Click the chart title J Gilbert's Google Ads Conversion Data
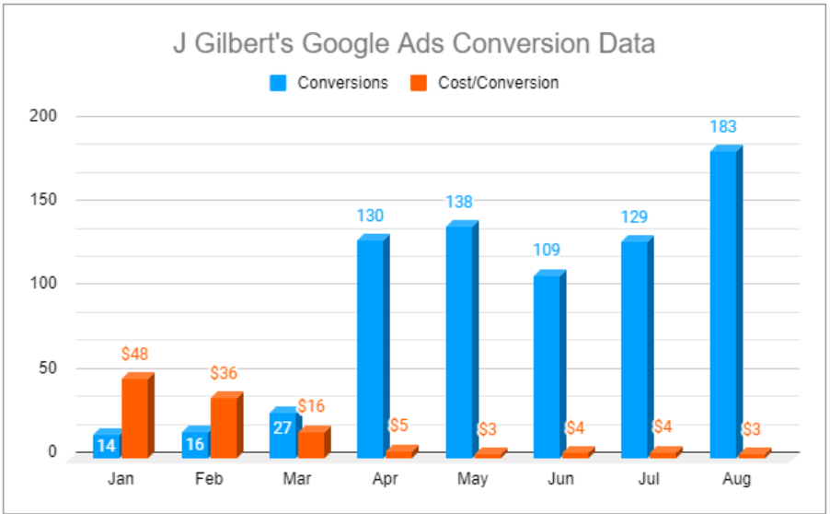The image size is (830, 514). [414, 43]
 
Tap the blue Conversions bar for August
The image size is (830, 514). [723, 304]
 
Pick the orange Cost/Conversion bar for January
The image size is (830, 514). [135, 417]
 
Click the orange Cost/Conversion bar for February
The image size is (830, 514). [225, 426]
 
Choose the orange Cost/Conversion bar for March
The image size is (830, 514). [313, 443]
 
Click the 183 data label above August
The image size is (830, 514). [723, 127]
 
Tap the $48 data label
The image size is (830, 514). [134, 354]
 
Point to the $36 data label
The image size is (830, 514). [224, 373]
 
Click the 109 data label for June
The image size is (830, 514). [546, 250]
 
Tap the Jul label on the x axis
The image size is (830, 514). [649, 480]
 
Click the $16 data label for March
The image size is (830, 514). [312, 406]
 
